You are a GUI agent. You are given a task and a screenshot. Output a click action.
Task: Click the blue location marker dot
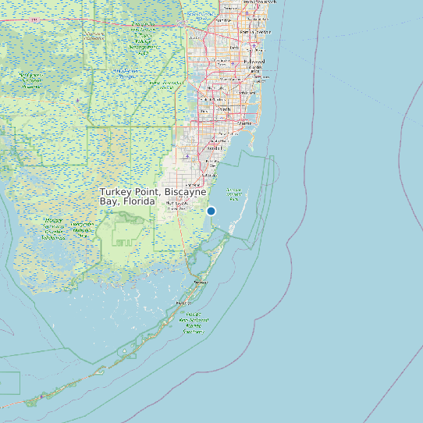click(x=211, y=211)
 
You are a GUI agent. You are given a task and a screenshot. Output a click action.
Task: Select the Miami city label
click(x=245, y=123)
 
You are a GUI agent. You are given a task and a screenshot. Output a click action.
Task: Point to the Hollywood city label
click(x=254, y=61)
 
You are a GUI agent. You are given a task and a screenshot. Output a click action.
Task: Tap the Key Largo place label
click(x=201, y=281)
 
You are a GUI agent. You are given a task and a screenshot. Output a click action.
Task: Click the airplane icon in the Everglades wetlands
click(x=78, y=100)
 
